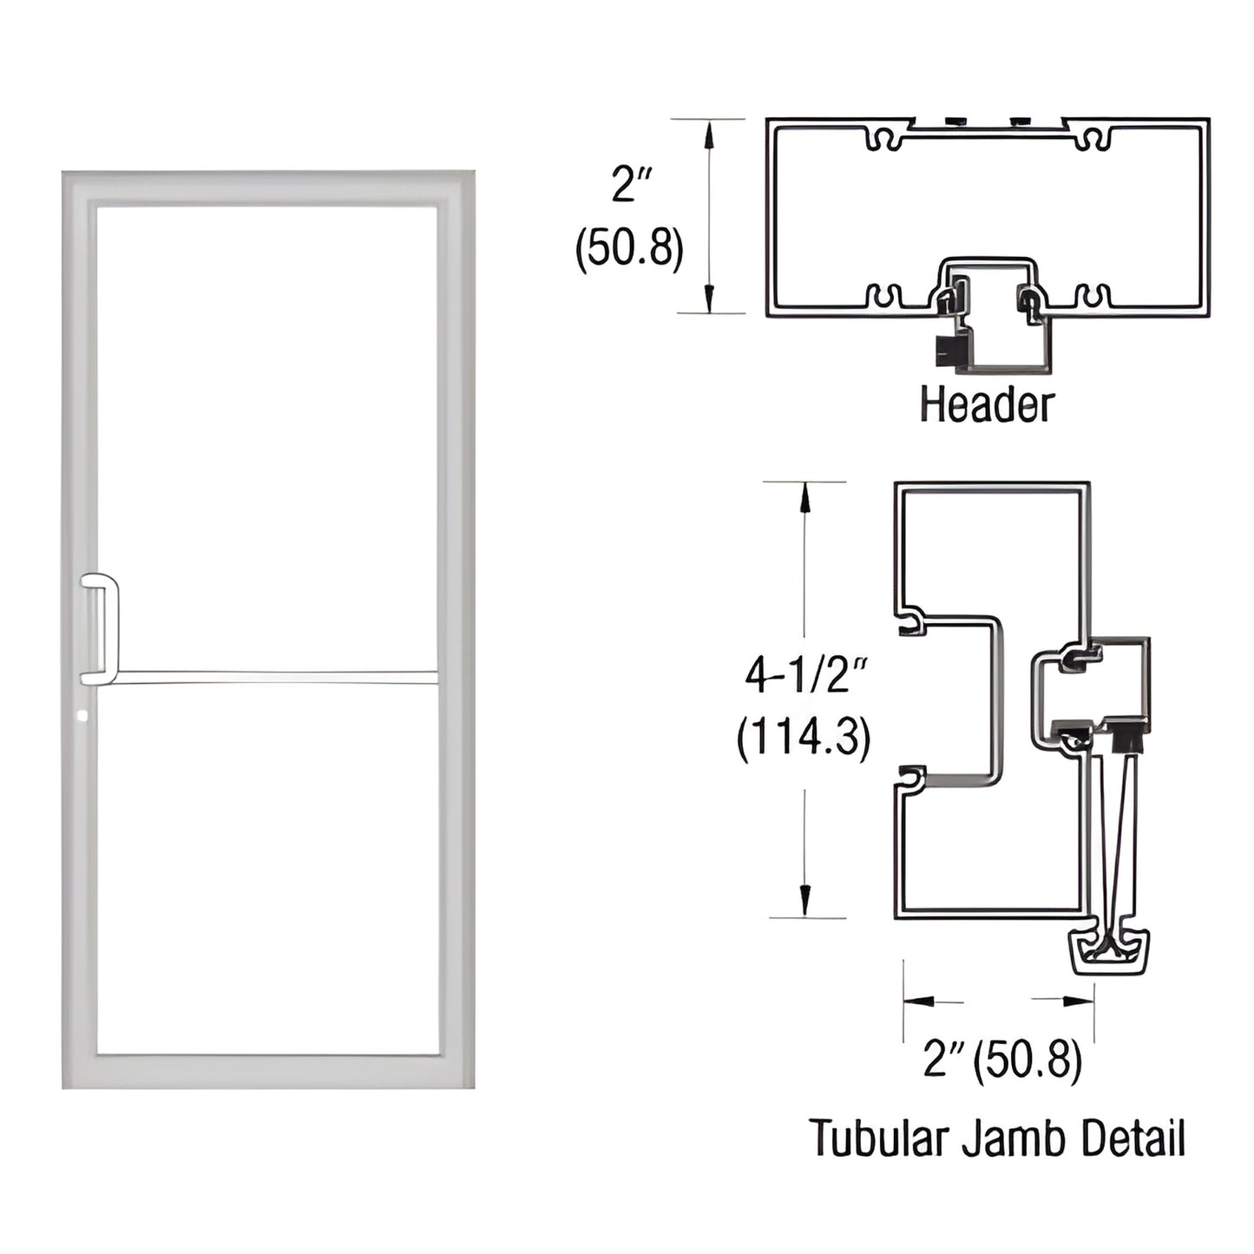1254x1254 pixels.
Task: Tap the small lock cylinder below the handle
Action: click(x=82, y=716)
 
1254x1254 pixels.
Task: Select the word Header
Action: click(x=987, y=405)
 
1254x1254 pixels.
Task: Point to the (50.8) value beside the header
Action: click(x=630, y=247)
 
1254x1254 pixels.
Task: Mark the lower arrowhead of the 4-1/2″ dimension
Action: click(x=805, y=903)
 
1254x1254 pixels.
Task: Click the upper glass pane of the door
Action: click(x=266, y=434)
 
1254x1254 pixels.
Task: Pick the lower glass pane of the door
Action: click(x=266, y=868)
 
